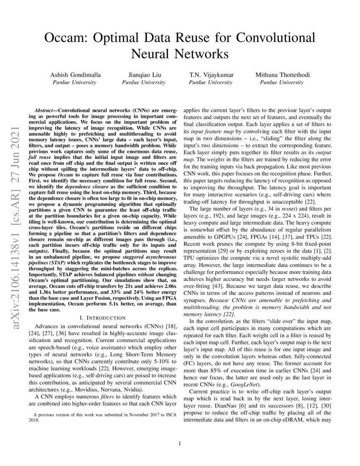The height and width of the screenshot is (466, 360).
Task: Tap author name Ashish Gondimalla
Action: (74, 75)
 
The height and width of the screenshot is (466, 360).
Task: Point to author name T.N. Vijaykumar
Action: (211, 75)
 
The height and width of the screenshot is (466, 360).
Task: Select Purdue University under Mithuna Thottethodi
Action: (282, 82)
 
